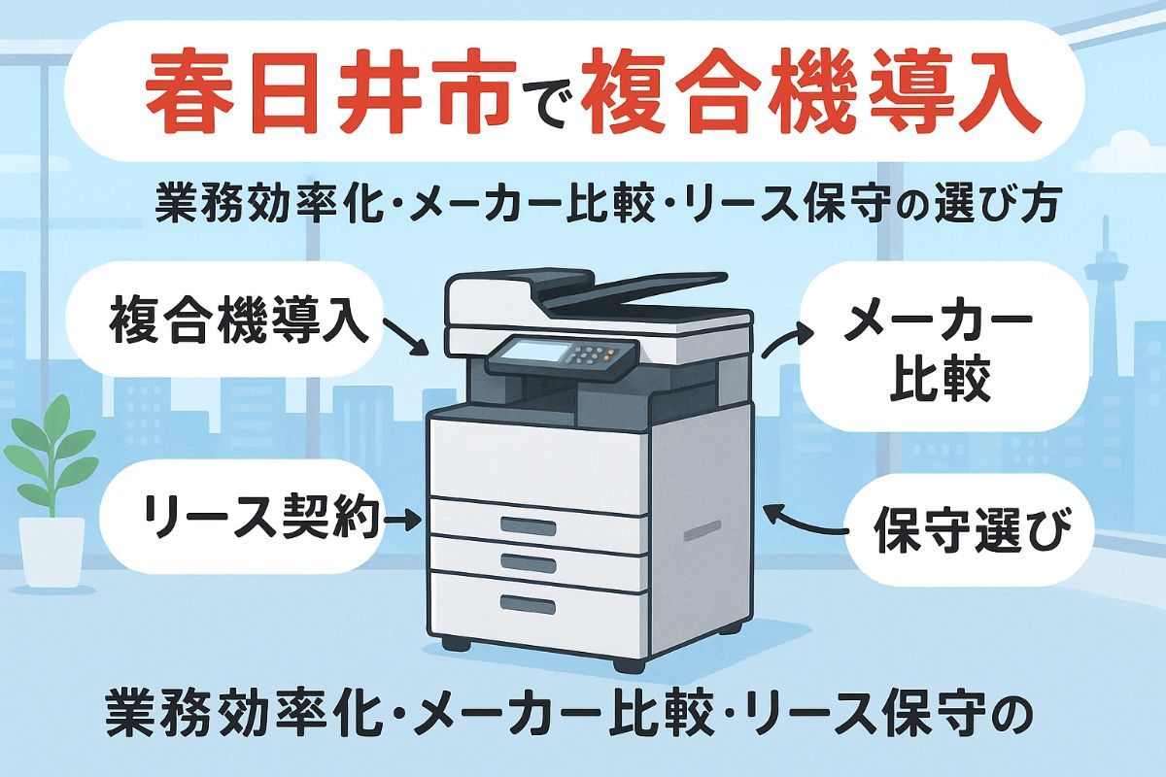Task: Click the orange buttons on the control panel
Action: pyautogui.click(x=608, y=355)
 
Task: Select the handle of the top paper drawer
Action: pyautogui.click(x=528, y=526)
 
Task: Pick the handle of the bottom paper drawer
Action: pyautogui.click(x=528, y=604)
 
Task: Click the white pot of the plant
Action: pyautogui.click(x=51, y=550)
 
